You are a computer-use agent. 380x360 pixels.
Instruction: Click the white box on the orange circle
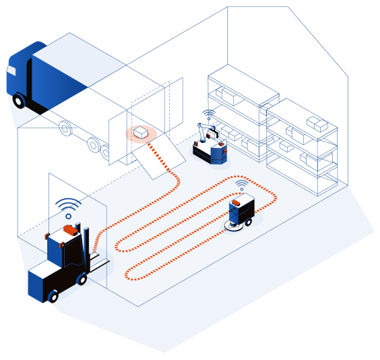tap(141, 132)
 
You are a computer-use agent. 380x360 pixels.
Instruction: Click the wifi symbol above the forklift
tap(67, 205)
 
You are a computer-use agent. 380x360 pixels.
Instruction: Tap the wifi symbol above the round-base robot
tap(241, 184)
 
